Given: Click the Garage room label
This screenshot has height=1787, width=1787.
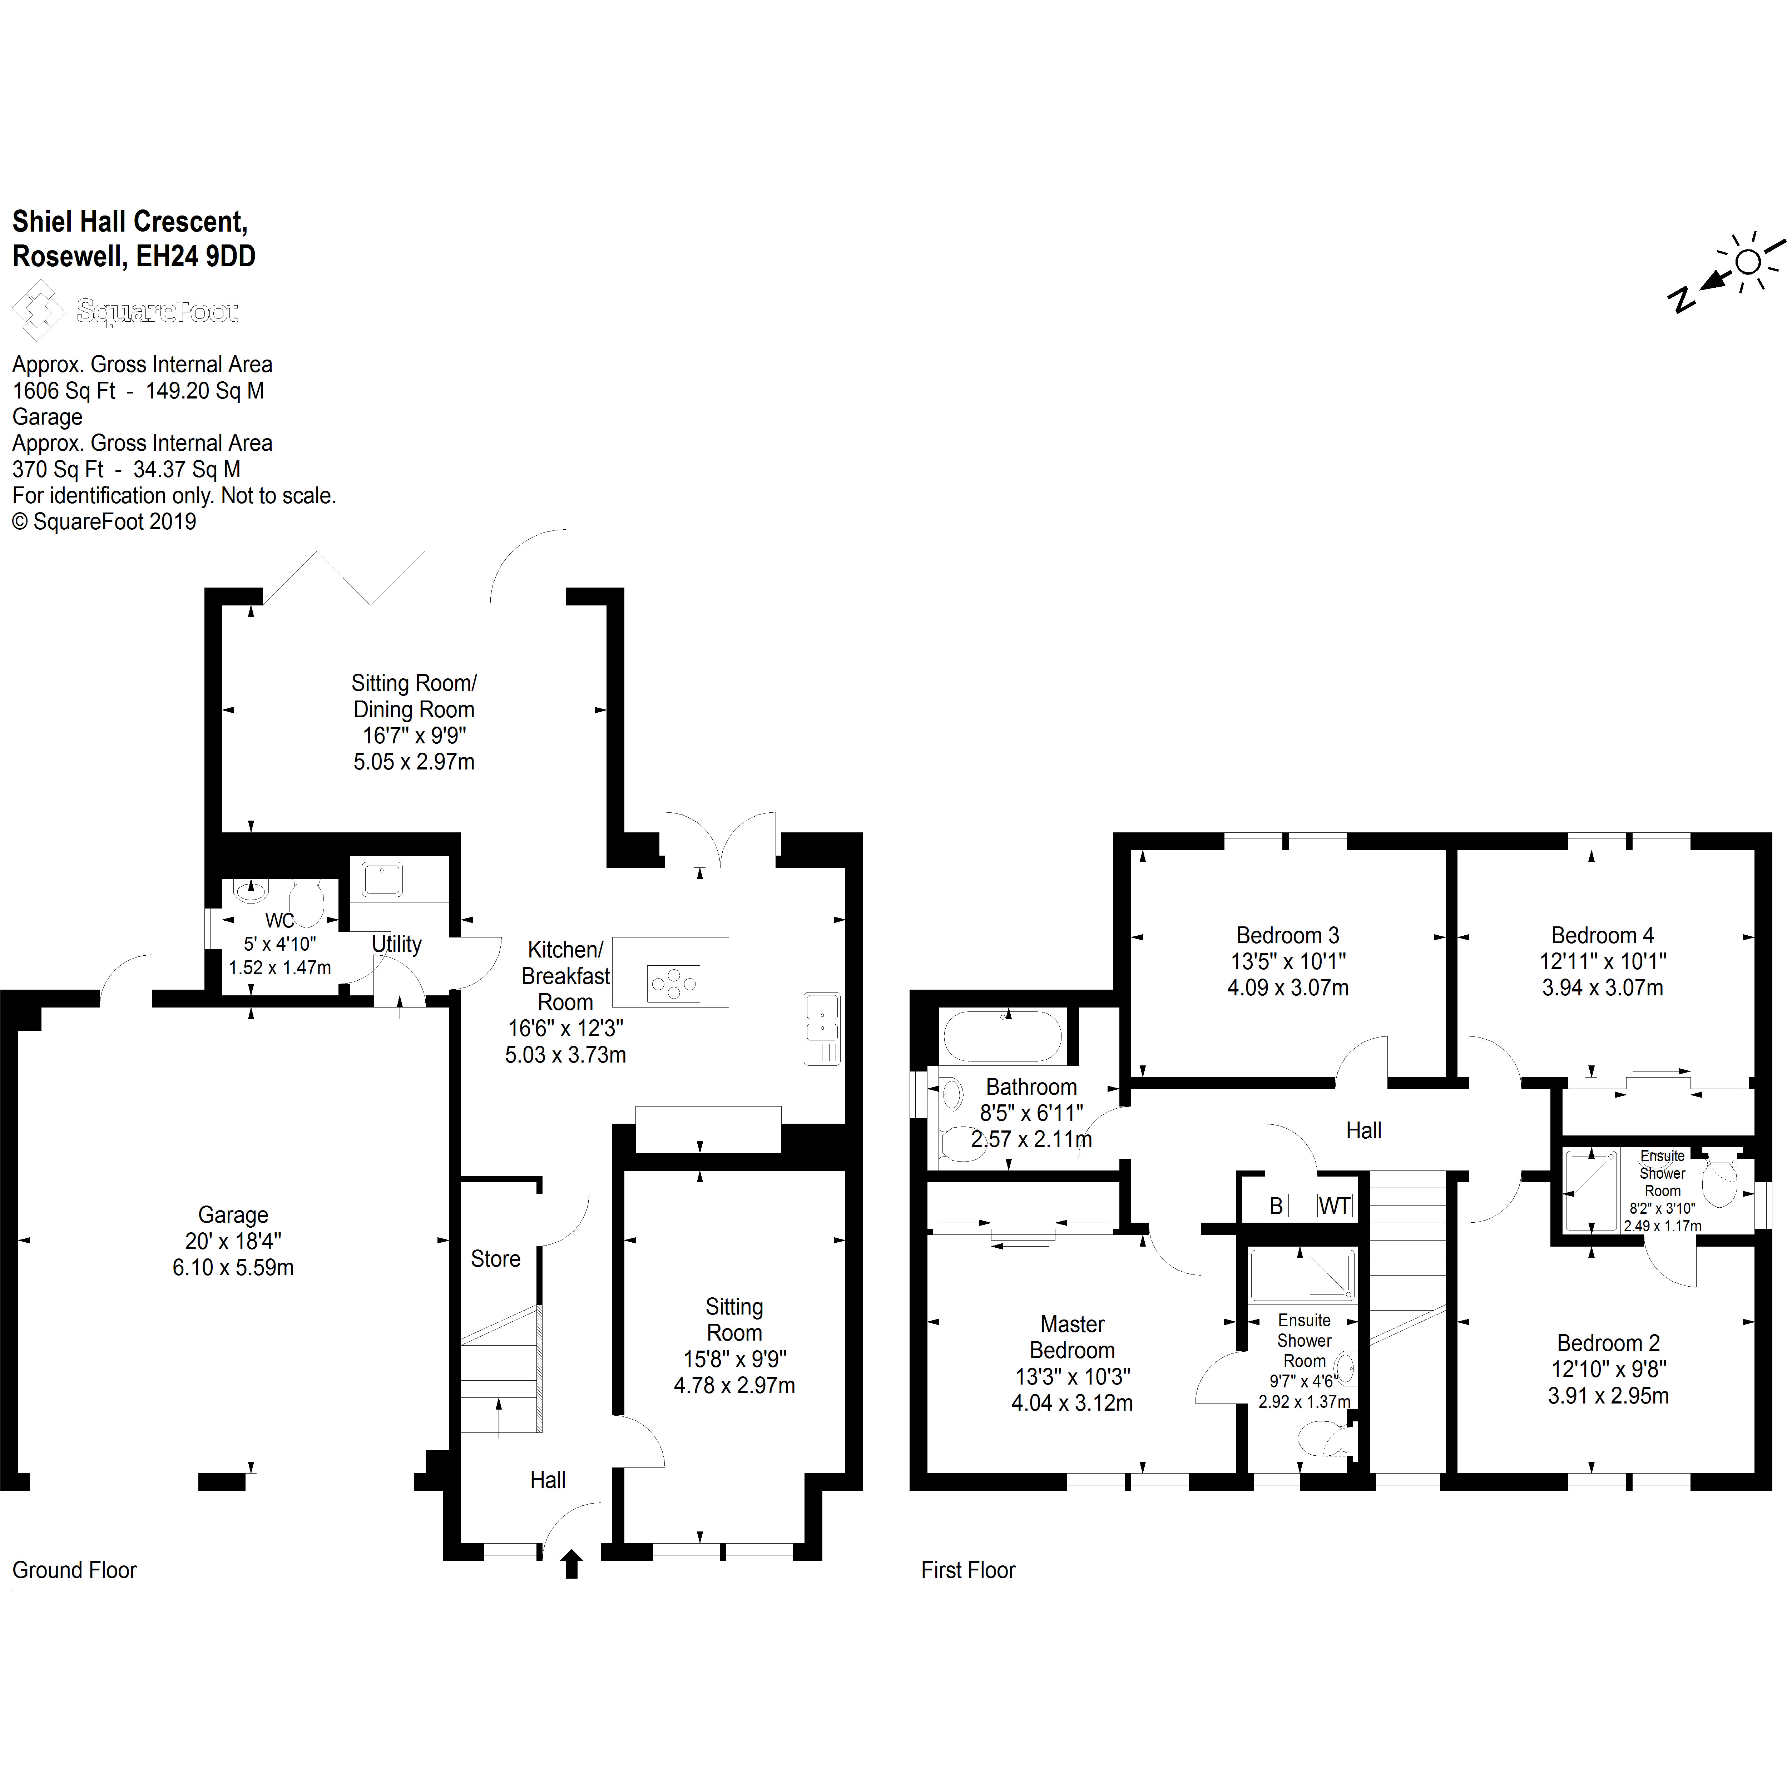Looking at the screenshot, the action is [233, 1214].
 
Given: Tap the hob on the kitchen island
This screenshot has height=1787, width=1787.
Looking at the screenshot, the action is [673, 983].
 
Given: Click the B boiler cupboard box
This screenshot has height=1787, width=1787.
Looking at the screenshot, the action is [1276, 1205].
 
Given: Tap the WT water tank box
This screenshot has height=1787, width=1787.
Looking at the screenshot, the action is [1335, 1205].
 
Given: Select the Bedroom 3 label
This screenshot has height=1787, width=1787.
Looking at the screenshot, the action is [1287, 935].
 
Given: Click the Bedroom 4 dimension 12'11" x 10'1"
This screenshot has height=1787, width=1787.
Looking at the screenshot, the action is [1603, 961].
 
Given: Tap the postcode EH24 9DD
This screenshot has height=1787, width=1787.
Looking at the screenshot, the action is [196, 256].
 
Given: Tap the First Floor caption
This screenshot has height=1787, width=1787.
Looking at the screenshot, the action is [969, 1570].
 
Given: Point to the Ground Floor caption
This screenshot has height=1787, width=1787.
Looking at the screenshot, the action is [74, 1570].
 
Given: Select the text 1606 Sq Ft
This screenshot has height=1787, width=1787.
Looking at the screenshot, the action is [64, 390].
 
